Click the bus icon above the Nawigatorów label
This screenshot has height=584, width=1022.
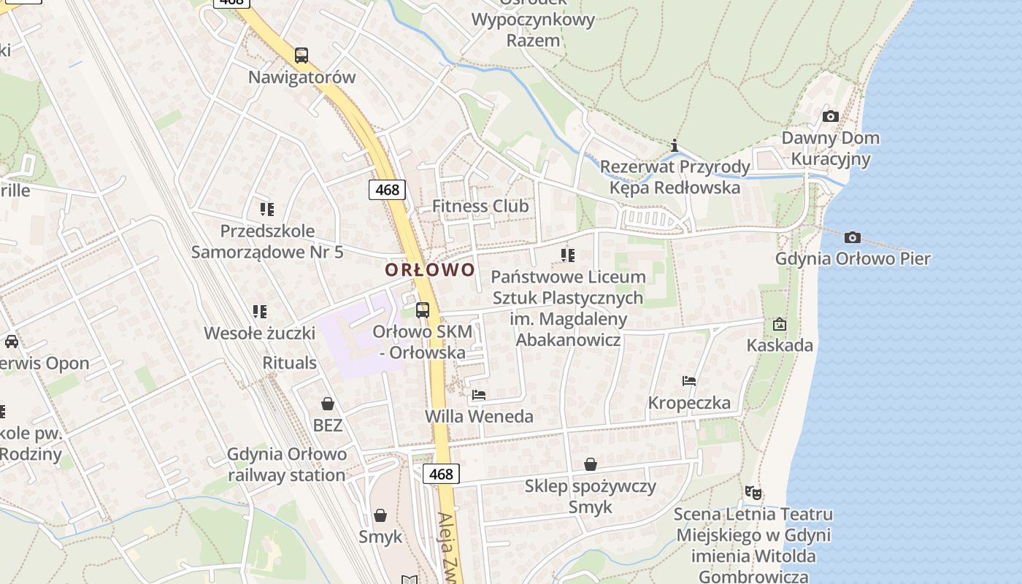pos(301,55)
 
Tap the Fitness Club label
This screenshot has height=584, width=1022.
pos(480,206)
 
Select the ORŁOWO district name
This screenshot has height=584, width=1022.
pos(430,269)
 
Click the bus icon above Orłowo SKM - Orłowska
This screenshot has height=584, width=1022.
pos(423,310)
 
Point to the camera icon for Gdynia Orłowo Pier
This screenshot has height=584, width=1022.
pos(852,237)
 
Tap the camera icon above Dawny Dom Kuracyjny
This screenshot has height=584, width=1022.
pos(830,116)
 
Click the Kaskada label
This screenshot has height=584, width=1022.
pos(780,345)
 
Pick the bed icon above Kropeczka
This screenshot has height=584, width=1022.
pos(689,380)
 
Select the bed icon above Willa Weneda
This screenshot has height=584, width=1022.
pos(479,395)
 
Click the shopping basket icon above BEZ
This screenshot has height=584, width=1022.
pos(328,403)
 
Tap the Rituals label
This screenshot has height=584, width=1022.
pos(290,363)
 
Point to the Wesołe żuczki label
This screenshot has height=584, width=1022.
pos(259,334)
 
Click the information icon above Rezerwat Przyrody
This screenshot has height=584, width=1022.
pos(675,145)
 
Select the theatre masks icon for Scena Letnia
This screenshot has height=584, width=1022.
pos(753,493)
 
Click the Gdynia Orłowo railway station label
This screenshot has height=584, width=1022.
pos(287,464)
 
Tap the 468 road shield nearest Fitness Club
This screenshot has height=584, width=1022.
pos(387,190)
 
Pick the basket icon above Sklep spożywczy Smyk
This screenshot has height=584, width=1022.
pos(591,464)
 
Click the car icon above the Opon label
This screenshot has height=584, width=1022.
pos(12,341)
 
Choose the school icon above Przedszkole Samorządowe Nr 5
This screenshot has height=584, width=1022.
pos(267,210)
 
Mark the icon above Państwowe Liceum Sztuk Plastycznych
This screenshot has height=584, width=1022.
pos(568,255)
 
